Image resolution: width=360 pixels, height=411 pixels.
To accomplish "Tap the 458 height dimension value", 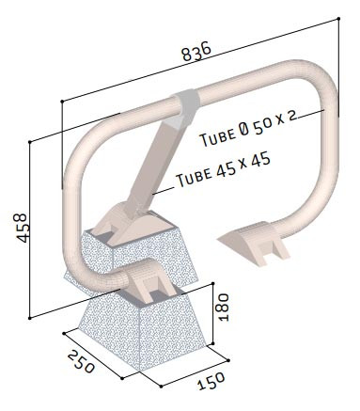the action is pyautogui.click(x=23, y=228).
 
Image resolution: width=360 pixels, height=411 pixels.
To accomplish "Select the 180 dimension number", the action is pyautogui.click(x=223, y=307).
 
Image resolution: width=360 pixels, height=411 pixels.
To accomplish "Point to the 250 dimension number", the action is pyautogui.click(x=81, y=361).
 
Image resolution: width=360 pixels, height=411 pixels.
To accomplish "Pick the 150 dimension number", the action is pyautogui.click(x=211, y=380).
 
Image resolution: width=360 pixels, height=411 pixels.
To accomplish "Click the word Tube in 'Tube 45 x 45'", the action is pyautogui.click(x=194, y=176).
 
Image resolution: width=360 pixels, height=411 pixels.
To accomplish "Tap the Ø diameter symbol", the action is pyautogui.click(x=244, y=130).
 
